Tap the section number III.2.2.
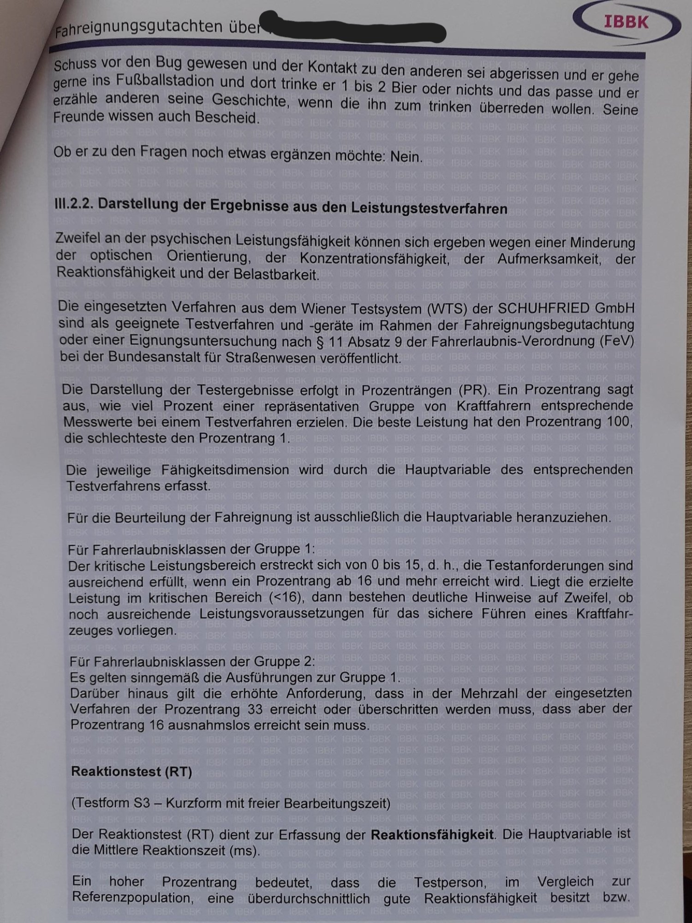coord(74,204)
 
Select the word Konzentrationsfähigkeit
coord(374,258)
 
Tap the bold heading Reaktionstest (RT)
coord(131,772)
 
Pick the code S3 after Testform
coord(142,803)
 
